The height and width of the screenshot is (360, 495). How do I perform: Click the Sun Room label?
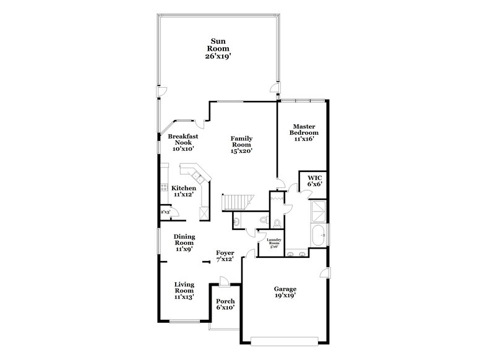point(218,49)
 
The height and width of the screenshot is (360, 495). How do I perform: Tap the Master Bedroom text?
point(305,132)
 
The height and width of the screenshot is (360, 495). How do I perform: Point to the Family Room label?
point(241,144)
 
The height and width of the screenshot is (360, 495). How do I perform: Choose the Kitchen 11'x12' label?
point(184,191)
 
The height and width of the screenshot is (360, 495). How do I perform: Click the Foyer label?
point(225,256)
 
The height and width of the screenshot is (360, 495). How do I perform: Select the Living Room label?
point(184,290)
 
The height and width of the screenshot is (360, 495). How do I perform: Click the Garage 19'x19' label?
point(285,292)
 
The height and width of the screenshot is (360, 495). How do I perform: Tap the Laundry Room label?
point(274,244)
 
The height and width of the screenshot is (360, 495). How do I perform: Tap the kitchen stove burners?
point(165,187)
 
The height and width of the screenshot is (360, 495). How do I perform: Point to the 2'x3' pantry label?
point(165,212)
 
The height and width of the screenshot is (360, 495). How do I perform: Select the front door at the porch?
point(225,281)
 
